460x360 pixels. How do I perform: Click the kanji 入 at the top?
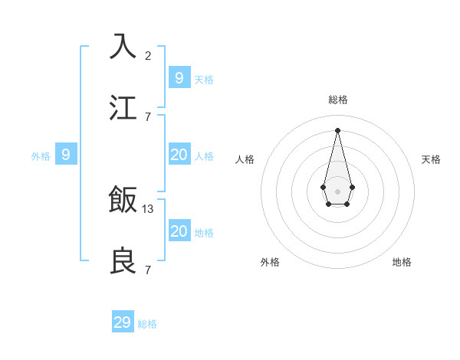[123, 46]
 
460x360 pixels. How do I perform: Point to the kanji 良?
[123, 260]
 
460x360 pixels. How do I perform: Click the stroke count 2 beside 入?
[147, 55]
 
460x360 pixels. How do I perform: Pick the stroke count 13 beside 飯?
[148, 208]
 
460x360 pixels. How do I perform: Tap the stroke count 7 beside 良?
[147, 270]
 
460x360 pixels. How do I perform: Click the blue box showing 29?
[123, 322]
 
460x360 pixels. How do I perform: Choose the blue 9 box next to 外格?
[66, 155]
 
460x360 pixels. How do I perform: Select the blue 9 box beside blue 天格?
[179, 77]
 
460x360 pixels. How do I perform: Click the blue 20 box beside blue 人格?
[179, 155]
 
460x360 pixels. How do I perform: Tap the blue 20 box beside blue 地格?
[179, 231]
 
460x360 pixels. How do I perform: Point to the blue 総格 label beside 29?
[147, 324]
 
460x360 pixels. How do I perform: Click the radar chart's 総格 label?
[337, 100]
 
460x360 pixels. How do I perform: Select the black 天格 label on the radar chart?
[431, 159]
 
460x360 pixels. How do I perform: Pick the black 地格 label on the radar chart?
[402, 262]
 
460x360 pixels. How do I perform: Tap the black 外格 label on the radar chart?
[270, 262]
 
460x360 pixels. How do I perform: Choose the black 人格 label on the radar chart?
[245, 159]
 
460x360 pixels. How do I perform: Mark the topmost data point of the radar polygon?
[337, 130]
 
